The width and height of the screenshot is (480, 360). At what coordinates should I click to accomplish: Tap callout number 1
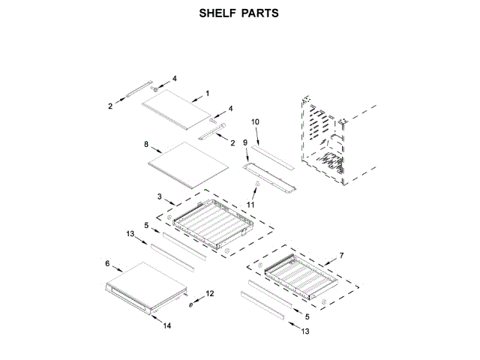(x=207, y=92)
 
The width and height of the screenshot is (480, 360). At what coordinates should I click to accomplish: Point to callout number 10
(x=255, y=121)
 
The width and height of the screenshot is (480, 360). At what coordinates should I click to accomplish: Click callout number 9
(x=244, y=142)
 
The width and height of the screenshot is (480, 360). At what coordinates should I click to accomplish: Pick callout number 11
(x=252, y=205)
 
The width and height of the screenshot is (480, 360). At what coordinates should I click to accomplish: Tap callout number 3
(x=160, y=196)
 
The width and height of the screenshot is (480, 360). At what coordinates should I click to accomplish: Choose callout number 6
(x=108, y=263)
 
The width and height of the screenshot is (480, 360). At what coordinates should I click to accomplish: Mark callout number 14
(x=166, y=325)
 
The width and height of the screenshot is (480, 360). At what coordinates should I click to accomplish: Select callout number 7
(x=341, y=256)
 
